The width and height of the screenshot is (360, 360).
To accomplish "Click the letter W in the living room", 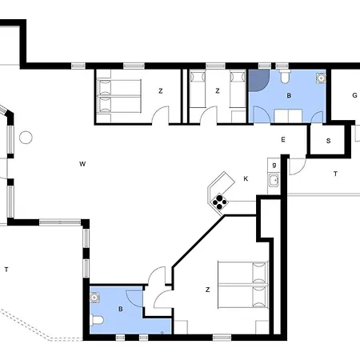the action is pyautogui.click(x=82, y=164).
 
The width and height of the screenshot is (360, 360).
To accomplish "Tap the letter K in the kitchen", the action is pyautogui.click(x=246, y=178).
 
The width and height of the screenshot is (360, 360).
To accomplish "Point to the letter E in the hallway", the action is pyautogui.click(x=283, y=139).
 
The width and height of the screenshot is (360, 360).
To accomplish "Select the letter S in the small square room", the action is pyautogui.click(x=328, y=141).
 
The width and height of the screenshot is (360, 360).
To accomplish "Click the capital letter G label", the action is pyautogui.click(x=354, y=95).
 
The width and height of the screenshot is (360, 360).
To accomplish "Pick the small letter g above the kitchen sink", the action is pyautogui.click(x=274, y=165).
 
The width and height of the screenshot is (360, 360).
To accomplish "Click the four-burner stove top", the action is pyautogui.click(x=219, y=202).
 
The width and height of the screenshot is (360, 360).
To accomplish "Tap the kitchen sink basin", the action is pyautogui.click(x=274, y=181).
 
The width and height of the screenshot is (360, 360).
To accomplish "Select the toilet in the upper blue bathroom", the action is pyautogui.click(x=285, y=75).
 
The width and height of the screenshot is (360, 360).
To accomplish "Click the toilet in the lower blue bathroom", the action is pyautogui.click(x=96, y=320).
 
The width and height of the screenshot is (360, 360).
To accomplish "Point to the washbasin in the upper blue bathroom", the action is pyautogui.click(x=321, y=78).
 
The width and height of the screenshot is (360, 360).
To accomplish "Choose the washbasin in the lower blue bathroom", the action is pyautogui.click(x=94, y=298).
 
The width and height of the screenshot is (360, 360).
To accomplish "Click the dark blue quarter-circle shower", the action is pyautogui.click(x=258, y=79).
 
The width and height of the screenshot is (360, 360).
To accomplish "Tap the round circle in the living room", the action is pyautogui.click(x=26, y=138).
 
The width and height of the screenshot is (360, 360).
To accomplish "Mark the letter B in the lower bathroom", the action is pyautogui.click(x=121, y=309).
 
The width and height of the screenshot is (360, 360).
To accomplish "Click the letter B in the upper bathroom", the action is pyautogui.click(x=289, y=95).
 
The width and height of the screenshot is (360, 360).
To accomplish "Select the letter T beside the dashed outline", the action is pyautogui.click(x=6, y=270).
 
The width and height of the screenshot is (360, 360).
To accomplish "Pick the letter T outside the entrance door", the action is pyautogui.click(x=335, y=174).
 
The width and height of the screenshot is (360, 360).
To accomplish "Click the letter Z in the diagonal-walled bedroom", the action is pyautogui.click(x=208, y=290).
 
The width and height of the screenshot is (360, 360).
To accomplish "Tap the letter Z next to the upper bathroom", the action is pyautogui.click(x=218, y=91).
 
